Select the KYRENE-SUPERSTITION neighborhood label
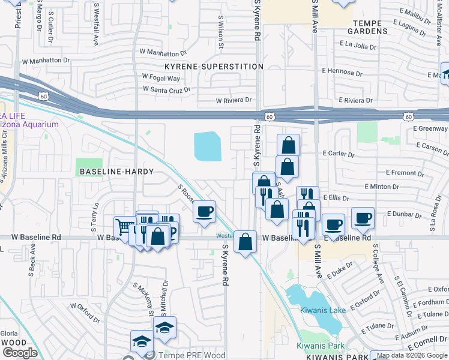(214, 66)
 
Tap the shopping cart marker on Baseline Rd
(124, 227)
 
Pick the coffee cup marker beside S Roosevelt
(205, 212)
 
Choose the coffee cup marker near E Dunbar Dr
(363, 218)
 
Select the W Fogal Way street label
(161, 77)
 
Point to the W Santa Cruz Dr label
(166, 89)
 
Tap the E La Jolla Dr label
(358, 45)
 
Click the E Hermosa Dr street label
(342, 71)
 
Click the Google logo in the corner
(20, 353)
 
